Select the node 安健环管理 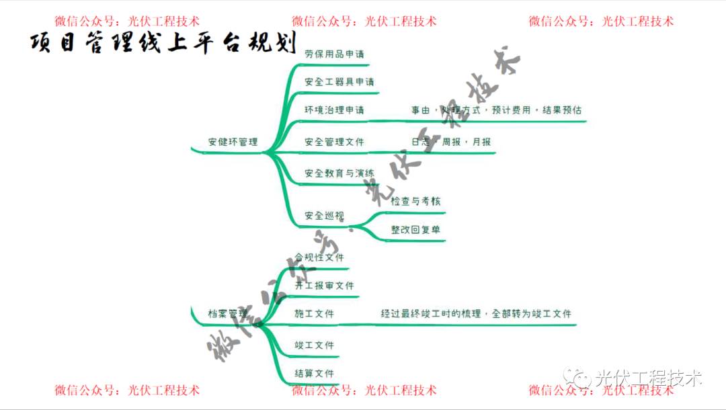point(233,142)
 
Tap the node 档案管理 point(228,314)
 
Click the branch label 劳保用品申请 point(334,54)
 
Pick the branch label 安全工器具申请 point(339,82)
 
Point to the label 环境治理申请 point(334,110)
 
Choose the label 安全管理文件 point(334,142)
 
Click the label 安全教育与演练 point(339,173)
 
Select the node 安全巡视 point(324,216)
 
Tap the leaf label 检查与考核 point(415,201)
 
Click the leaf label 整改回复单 point(415,230)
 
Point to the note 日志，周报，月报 point(450,142)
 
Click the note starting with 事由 point(496,110)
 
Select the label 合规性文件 point(319,257)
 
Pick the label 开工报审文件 point(324,286)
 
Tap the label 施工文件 point(314,314)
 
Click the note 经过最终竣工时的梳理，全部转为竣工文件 point(476,314)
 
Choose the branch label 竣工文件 point(314,345)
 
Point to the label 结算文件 point(314,374)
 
